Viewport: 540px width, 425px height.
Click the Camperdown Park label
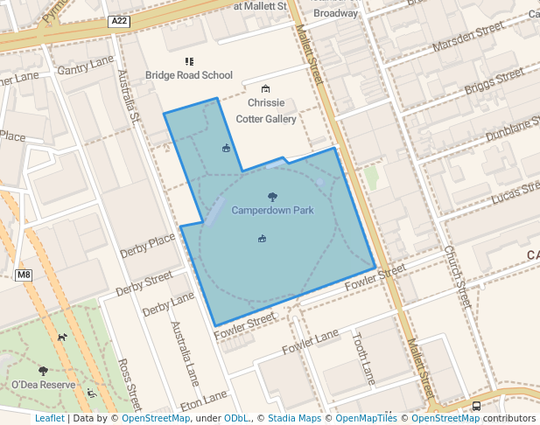point(272,211)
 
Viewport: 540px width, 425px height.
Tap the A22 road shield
point(120,21)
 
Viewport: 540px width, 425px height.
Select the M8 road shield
point(24,275)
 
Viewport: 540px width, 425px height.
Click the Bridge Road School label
point(189,75)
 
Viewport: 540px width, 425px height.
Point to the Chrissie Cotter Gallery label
point(266,111)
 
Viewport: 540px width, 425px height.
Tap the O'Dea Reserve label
point(43,385)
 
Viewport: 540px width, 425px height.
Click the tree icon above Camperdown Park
point(272,198)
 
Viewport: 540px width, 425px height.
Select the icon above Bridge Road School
point(189,61)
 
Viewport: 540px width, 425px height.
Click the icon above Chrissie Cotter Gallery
point(266,89)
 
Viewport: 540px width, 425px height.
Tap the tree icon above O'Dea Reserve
point(43,371)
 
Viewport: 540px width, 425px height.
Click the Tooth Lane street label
point(364,361)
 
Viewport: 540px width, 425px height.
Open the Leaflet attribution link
point(49,419)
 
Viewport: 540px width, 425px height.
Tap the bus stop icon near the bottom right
point(476,406)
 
